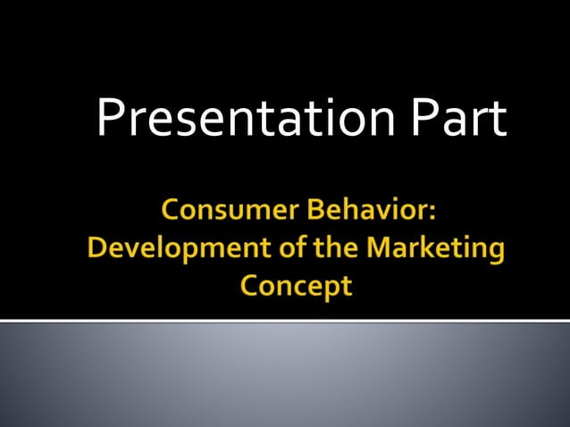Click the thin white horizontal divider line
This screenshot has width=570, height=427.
[x=285, y=320]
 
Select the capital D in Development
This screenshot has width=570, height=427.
[x=97, y=249]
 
